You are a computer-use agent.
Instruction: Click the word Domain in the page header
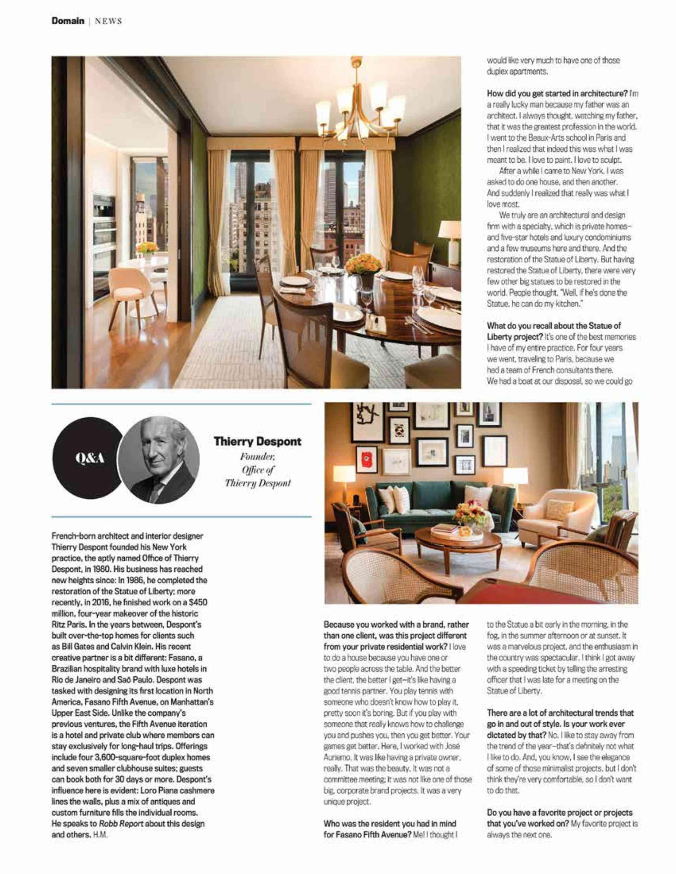tap(68, 20)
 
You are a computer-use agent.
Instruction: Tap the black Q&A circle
tap(89, 459)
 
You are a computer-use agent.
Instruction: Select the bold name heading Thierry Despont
tap(258, 442)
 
